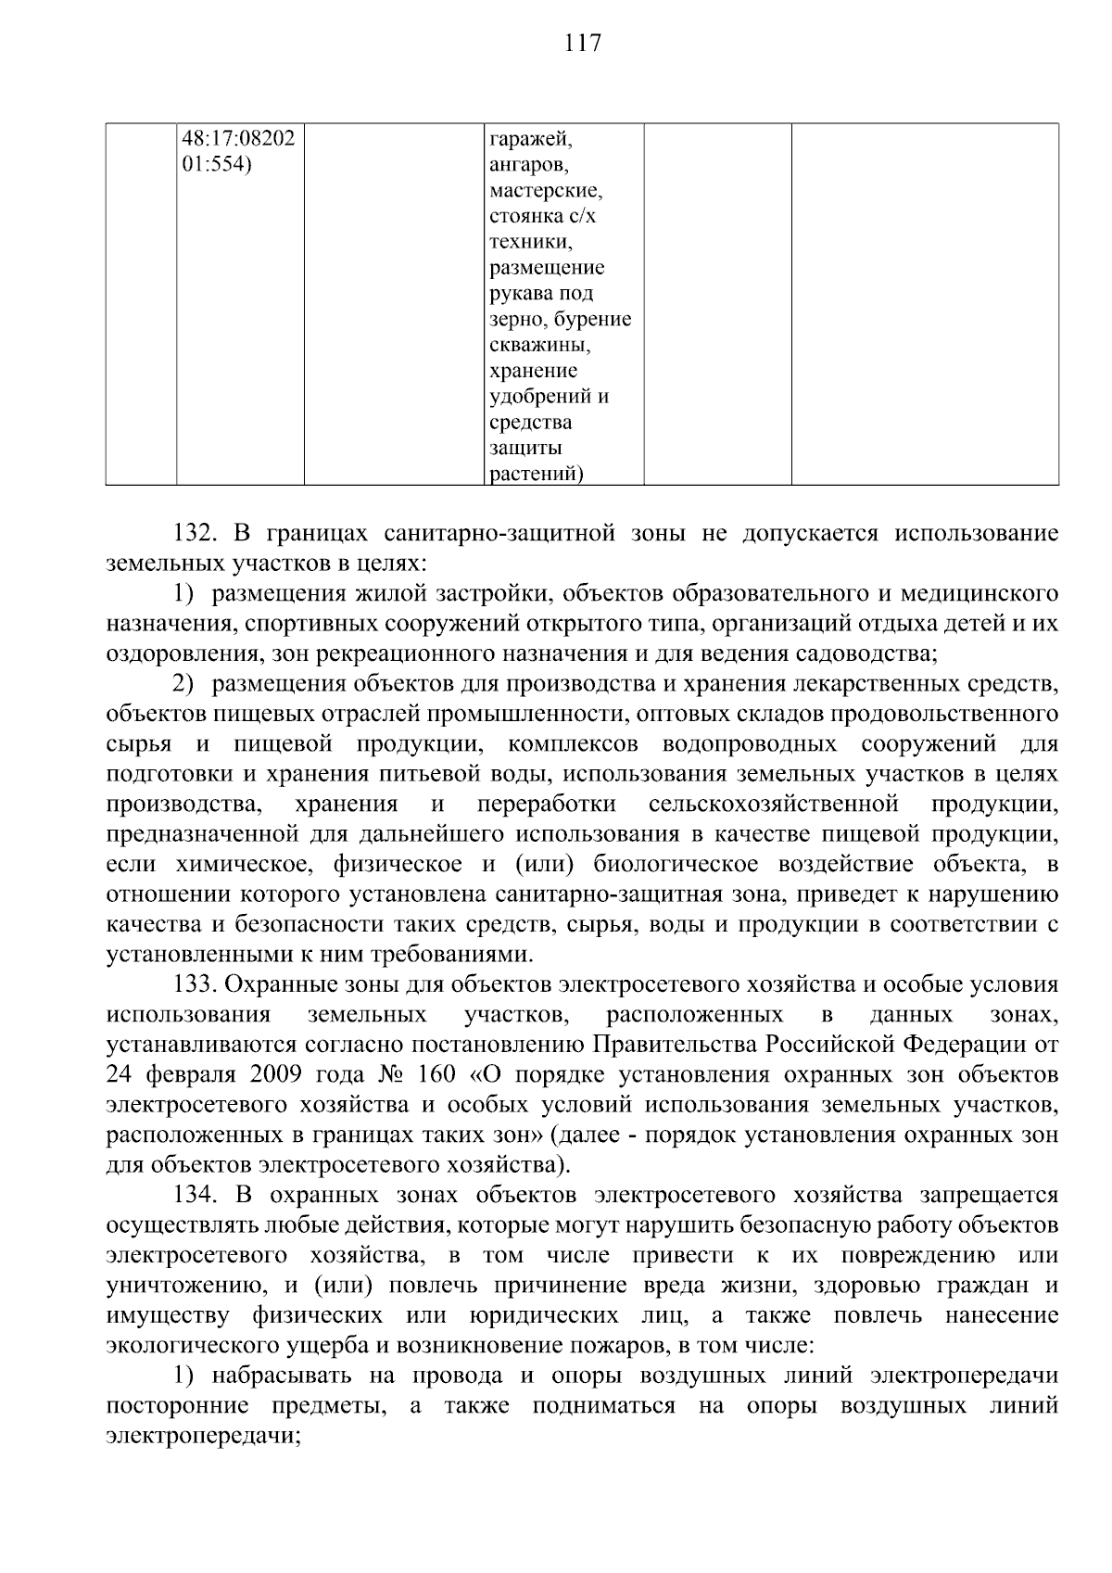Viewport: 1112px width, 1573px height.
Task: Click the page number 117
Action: (x=582, y=43)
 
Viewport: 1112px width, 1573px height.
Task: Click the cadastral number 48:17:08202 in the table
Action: (x=238, y=139)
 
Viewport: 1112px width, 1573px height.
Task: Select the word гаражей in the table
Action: (x=530, y=140)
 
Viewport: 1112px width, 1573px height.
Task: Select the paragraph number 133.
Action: (x=196, y=984)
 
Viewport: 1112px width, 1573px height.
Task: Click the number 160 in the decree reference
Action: (x=436, y=1074)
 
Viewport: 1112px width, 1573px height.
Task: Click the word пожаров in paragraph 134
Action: (x=614, y=1345)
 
